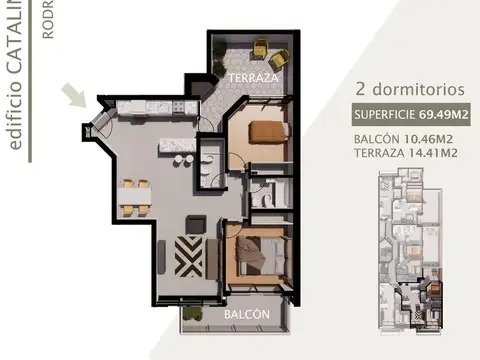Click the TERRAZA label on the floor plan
click(x=246, y=77)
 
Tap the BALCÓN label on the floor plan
click(x=246, y=314)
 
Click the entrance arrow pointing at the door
click(x=74, y=96)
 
